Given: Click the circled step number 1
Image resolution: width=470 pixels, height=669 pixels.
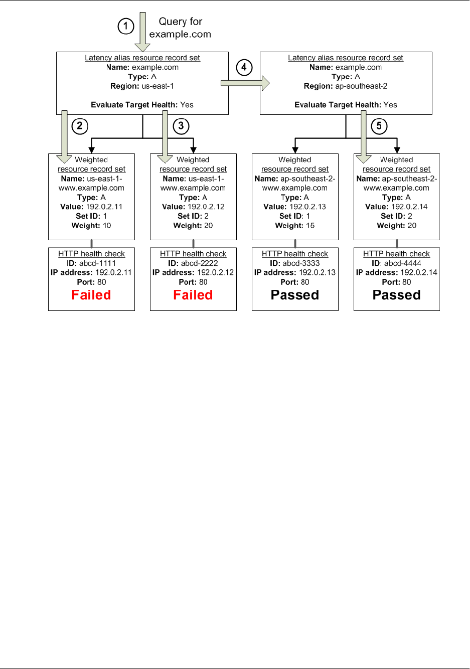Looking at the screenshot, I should click(126, 26).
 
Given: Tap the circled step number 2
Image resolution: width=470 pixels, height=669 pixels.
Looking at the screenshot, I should click(80, 126).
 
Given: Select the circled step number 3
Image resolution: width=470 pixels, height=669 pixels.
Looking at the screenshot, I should click(181, 126).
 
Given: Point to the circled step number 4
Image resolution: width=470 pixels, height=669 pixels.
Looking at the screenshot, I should click(244, 67).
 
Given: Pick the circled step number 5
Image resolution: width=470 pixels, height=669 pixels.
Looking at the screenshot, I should click(379, 126).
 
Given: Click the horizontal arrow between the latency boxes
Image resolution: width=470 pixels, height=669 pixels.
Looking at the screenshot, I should click(245, 83).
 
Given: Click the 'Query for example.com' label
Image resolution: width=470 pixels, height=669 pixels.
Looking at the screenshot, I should click(180, 28).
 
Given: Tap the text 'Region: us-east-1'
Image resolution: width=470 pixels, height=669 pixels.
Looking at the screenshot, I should click(142, 86).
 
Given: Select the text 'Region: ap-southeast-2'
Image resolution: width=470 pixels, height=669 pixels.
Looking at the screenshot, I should click(346, 86).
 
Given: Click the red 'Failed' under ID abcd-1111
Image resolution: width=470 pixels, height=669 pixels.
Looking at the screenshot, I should click(91, 295).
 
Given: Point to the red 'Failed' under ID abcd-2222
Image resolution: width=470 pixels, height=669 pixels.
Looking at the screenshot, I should click(193, 295).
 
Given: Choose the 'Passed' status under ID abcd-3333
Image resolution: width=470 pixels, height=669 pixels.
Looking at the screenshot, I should click(295, 295).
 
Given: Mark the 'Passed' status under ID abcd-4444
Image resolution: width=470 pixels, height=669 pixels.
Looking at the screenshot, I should click(397, 295).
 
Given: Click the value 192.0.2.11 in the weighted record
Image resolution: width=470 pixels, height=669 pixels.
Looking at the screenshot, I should click(104, 207).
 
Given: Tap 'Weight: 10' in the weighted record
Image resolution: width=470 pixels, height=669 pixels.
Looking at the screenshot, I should click(91, 226).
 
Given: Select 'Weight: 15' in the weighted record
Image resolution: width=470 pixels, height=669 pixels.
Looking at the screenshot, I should click(295, 226).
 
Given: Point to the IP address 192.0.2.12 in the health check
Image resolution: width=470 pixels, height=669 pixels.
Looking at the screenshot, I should click(215, 273).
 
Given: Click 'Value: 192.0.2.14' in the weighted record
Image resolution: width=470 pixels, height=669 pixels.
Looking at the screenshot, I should click(397, 207).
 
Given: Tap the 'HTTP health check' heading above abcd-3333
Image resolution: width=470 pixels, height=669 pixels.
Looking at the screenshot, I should click(295, 254).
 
